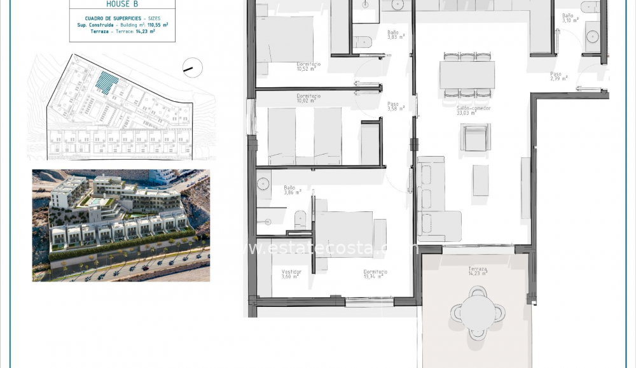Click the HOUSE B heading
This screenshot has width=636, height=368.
122,4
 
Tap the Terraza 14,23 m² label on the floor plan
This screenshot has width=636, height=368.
478,272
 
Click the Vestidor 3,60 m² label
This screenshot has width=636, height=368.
291,274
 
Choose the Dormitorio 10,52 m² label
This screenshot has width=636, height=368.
308,67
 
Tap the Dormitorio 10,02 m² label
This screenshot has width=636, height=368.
308,98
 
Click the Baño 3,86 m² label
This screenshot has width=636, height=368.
290,190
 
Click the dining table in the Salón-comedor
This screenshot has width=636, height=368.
467,75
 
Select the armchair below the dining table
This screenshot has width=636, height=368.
476,138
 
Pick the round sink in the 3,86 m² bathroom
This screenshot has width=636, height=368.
263,185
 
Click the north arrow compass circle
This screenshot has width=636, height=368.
192,67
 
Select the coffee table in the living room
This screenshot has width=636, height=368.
481,180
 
